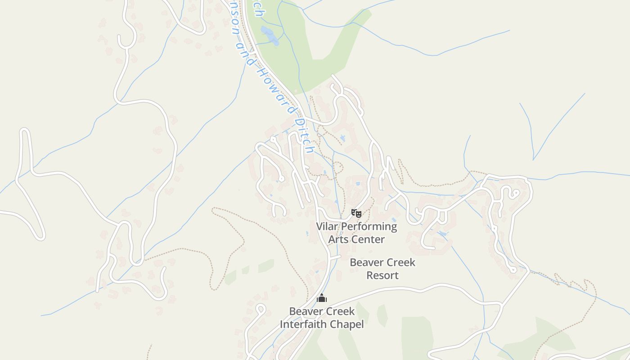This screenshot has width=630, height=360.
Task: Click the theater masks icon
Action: [356, 213]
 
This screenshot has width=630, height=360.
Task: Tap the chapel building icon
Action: [321, 298]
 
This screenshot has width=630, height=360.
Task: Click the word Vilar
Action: [328, 226]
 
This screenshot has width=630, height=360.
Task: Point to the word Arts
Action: [338, 239]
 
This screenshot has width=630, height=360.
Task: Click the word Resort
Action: [382, 275]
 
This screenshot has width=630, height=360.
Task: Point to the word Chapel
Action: [346, 324]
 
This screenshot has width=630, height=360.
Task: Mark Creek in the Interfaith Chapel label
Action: [340, 311]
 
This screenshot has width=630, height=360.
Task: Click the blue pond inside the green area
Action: [270, 36]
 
